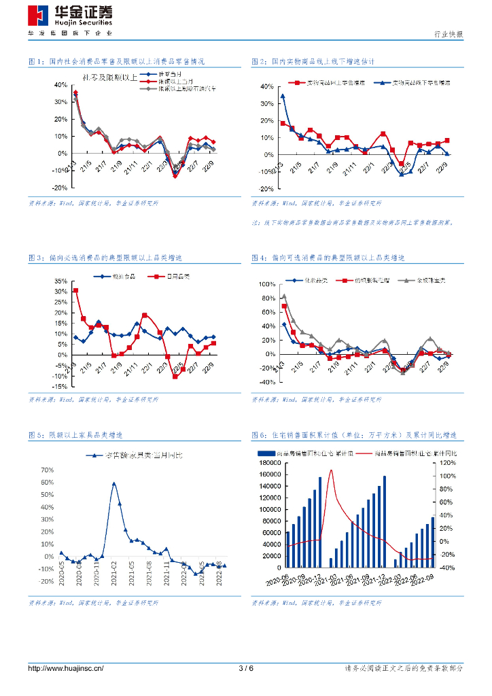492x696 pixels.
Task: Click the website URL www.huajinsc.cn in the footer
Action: point(65,668)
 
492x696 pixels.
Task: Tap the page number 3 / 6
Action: point(246,668)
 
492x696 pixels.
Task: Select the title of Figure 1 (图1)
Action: point(116,62)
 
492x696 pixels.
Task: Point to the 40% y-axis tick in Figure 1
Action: point(60,86)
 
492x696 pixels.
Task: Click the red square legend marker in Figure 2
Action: point(296,83)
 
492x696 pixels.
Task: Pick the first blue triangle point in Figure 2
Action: point(283,97)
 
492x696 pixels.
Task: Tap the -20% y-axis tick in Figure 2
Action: point(265,189)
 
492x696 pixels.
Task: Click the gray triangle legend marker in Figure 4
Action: point(406,280)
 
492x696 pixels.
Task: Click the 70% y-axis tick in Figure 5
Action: point(48,470)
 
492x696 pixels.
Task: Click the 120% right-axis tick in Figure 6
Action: point(447,463)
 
